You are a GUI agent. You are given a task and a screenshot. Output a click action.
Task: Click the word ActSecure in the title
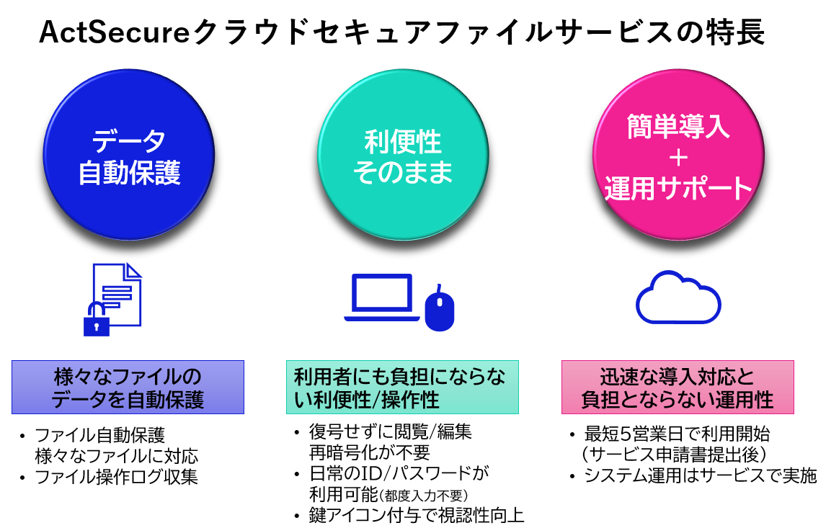point(115,32)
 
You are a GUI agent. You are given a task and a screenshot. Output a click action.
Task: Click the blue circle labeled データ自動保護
point(129,155)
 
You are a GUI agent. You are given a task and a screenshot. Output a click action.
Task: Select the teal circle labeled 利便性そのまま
point(403,155)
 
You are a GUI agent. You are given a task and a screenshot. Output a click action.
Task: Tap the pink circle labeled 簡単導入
point(678,155)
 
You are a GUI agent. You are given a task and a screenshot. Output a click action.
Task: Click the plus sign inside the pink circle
point(678,158)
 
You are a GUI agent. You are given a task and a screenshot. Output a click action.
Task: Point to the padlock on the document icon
point(97,319)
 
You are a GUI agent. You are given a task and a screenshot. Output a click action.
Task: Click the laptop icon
point(382,298)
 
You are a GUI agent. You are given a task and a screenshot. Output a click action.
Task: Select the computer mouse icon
point(440,309)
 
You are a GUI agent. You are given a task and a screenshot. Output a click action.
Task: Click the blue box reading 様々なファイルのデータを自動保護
point(128,387)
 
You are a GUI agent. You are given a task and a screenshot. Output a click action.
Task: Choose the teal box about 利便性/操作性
point(402,387)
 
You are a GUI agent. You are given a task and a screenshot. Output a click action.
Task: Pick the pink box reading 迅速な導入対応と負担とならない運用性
point(678,387)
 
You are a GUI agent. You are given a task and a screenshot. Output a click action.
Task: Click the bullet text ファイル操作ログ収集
point(117,477)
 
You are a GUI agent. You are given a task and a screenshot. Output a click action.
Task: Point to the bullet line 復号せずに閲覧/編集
point(391,431)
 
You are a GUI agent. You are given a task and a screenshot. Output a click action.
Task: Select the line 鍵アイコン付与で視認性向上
point(417,515)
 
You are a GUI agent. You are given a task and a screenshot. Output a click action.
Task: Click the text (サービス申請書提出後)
point(675,455)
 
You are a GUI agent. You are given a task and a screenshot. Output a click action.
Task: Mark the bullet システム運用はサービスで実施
point(701,475)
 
